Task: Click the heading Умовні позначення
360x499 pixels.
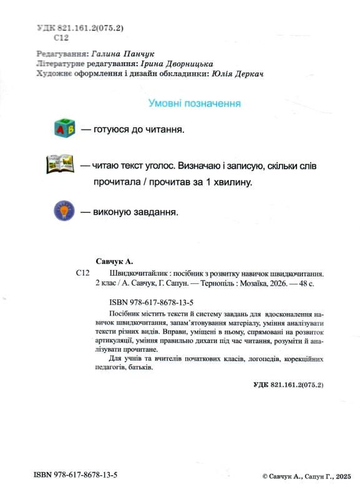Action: tap(194, 104)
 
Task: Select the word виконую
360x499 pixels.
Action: tap(111, 211)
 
